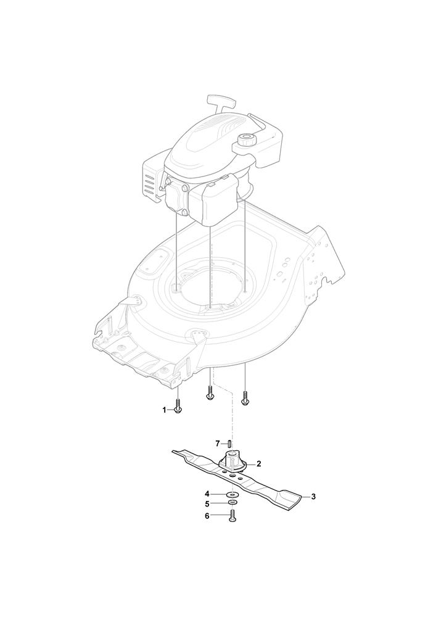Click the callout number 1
click(x=164, y=410)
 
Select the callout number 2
click(x=258, y=464)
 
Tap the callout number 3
click(x=313, y=497)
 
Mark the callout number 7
click(x=217, y=444)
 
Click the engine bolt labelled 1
click(x=178, y=406)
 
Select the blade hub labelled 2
click(x=233, y=463)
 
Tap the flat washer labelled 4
click(x=233, y=494)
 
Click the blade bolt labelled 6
click(x=232, y=516)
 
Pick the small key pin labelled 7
click(x=229, y=443)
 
